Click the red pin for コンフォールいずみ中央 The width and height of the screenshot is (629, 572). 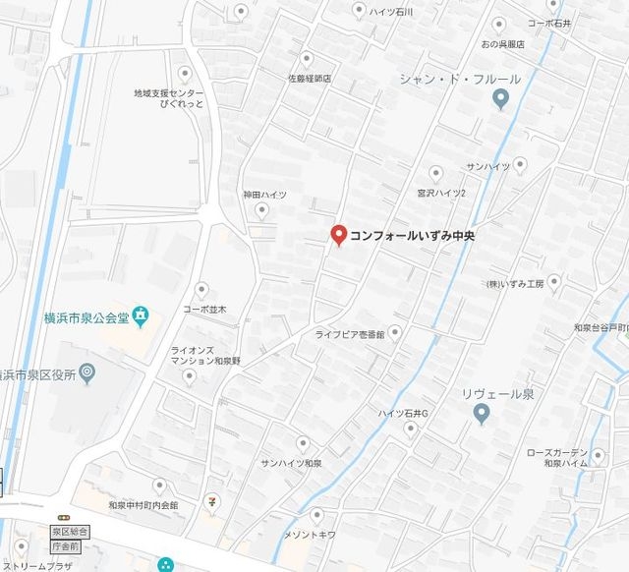coord(338,236)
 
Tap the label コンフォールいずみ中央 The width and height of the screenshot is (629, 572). coord(413,236)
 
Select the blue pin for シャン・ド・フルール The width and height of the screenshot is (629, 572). coord(501,99)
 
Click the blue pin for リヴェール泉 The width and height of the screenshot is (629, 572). coord(482,415)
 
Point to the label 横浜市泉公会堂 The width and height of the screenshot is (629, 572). coord(87,316)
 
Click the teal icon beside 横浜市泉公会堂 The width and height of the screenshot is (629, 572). coord(142,315)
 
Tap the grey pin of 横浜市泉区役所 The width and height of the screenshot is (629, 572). coord(87,372)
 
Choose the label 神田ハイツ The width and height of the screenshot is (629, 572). coord(265,196)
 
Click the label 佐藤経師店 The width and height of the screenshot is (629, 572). coord(309,78)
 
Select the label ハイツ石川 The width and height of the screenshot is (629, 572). coord(391,12)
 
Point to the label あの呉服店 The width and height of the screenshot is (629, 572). coord(502,44)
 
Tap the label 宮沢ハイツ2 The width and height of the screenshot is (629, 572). coord(440,193)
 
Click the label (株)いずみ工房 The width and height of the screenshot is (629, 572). coord(514,284)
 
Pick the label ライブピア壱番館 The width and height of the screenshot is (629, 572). coord(350,334)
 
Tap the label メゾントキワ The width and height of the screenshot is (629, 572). coord(312,534)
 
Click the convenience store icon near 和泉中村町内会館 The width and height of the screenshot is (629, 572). coord(210,502)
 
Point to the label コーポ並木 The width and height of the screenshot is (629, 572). coord(204,310)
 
